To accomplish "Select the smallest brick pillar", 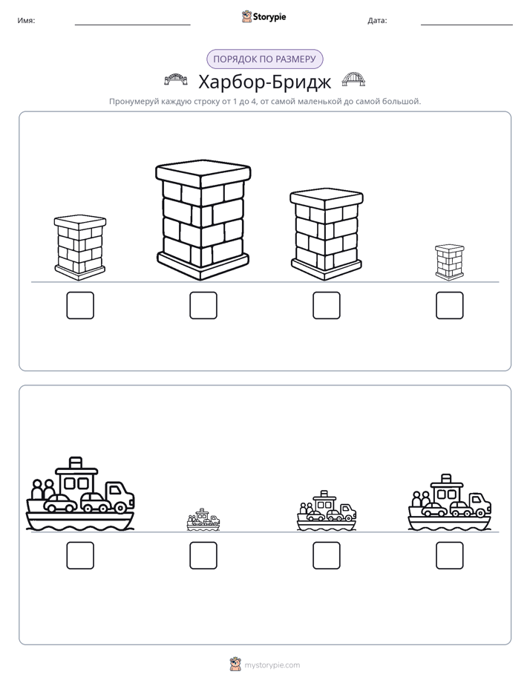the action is click(x=450, y=262).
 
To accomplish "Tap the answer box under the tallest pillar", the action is click(x=203, y=305).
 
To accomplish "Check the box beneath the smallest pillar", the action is click(x=450, y=305).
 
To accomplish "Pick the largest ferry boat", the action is click(x=80, y=494).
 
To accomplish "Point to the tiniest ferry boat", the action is click(x=203, y=520).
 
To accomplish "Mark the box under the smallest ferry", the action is click(x=203, y=555).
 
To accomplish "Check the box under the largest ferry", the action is click(x=80, y=555).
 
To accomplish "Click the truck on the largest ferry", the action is click(x=119, y=497).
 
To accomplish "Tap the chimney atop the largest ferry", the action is click(x=76, y=463).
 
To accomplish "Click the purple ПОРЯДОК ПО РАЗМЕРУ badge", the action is click(x=264, y=59).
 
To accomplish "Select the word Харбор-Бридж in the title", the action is click(x=264, y=82).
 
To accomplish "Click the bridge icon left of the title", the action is click(x=176, y=79).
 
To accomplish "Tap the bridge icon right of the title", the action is click(x=353, y=79).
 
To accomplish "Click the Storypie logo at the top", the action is click(x=264, y=16).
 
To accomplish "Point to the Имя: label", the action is click(x=26, y=21).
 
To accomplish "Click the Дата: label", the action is click(x=377, y=21).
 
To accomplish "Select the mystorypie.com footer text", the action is click(x=272, y=665).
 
